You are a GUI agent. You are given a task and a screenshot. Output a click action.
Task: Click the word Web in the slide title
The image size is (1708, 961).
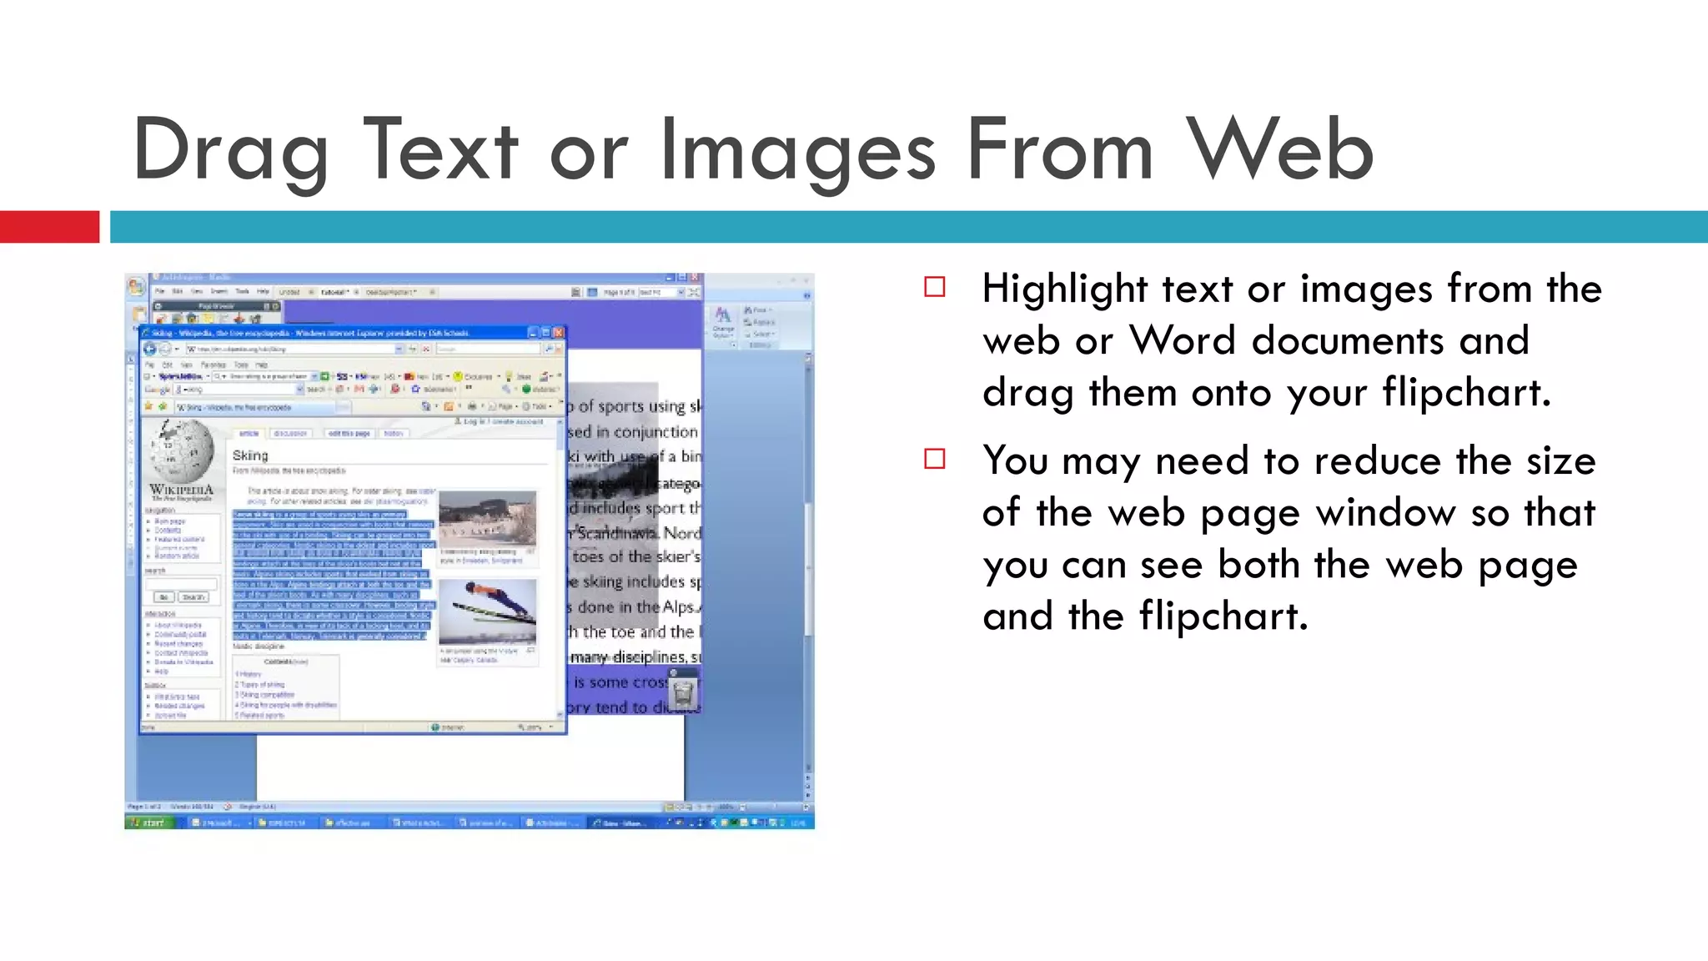click(x=1280, y=150)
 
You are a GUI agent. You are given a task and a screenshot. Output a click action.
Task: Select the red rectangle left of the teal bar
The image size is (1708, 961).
click(x=49, y=227)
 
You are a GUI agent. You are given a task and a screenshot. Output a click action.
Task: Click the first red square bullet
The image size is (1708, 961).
click(x=935, y=288)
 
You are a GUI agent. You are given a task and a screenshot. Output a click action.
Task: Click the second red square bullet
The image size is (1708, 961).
click(x=935, y=460)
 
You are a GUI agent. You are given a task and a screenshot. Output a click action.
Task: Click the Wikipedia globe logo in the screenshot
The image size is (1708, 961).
click(x=182, y=450)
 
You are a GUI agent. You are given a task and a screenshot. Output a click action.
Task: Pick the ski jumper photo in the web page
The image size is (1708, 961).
click(x=488, y=611)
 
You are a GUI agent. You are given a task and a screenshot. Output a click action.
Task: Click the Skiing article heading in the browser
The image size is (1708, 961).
click(x=250, y=455)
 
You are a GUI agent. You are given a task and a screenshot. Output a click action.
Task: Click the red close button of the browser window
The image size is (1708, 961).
click(x=559, y=332)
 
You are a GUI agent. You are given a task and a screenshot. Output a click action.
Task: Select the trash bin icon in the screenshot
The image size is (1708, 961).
click(x=683, y=692)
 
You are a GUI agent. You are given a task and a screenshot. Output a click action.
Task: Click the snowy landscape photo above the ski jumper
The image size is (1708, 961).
click(x=488, y=519)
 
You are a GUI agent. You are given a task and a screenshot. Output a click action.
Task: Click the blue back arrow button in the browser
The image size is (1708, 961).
click(x=150, y=349)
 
